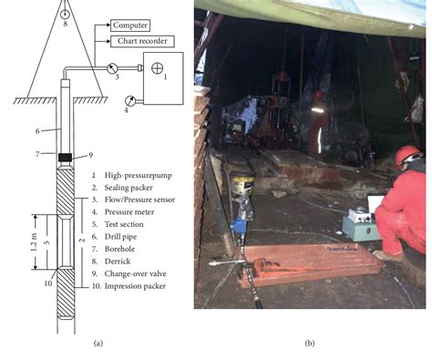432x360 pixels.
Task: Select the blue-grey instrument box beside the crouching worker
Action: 362,224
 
